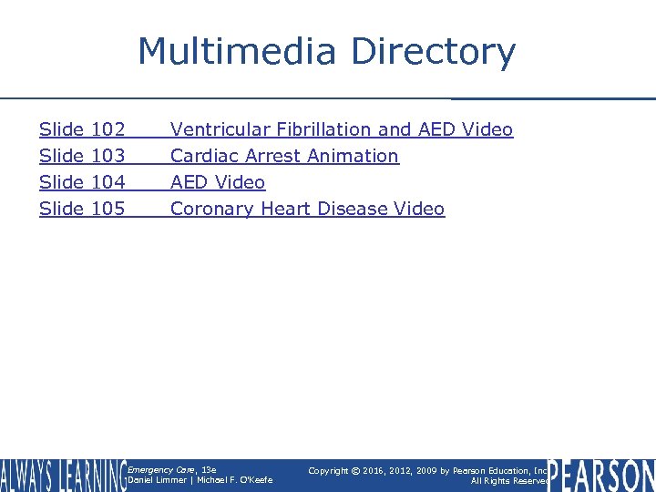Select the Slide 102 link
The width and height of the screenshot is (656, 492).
(82, 129)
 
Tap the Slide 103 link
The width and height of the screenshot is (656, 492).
(82, 156)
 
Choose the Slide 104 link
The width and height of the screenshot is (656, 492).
(82, 182)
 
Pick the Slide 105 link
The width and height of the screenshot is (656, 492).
(82, 209)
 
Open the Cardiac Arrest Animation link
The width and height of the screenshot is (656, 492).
(284, 156)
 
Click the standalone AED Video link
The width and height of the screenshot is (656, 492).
(218, 182)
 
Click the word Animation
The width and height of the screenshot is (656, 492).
(355, 156)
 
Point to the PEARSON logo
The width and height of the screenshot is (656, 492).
(601, 475)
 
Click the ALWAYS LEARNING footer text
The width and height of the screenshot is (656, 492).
(63, 475)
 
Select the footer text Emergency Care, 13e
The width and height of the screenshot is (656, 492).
(172, 469)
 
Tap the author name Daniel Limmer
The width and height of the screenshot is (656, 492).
(157, 480)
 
